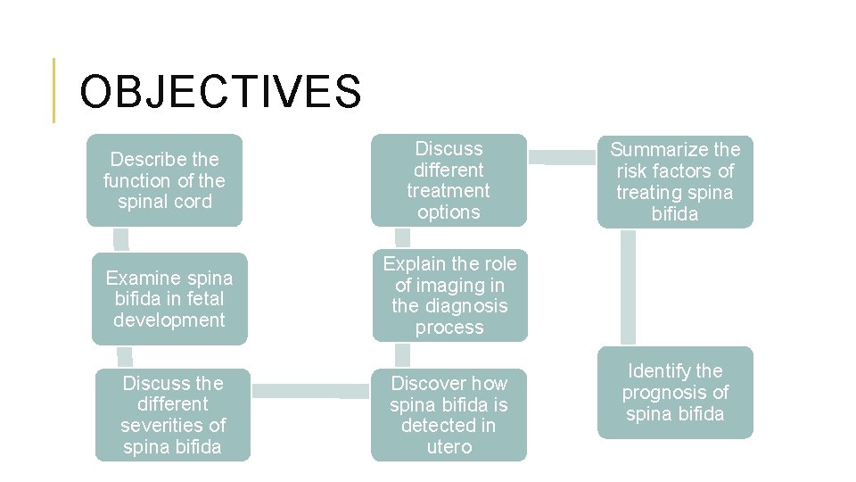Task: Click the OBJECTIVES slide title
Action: (x=220, y=91)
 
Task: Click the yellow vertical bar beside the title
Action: (x=54, y=90)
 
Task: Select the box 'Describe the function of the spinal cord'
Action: (x=164, y=180)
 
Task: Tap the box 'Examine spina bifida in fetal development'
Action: (x=169, y=299)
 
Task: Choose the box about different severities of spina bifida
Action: (x=173, y=415)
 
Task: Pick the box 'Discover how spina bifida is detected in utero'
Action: (x=449, y=415)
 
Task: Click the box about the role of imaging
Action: (x=449, y=295)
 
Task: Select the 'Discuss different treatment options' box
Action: (x=449, y=180)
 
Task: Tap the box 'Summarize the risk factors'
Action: (x=675, y=181)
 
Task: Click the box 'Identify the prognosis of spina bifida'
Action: (x=675, y=393)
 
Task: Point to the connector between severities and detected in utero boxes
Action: (x=309, y=390)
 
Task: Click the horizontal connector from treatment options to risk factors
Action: (x=562, y=157)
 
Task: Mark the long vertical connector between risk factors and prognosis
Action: (x=629, y=287)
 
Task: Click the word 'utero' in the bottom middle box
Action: (x=449, y=447)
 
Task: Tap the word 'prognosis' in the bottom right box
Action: (x=675, y=393)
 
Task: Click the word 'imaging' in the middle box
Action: (x=473, y=286)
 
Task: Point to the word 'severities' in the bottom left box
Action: (x=173, y=426)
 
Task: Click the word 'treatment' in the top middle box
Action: (x=449, y=191)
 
